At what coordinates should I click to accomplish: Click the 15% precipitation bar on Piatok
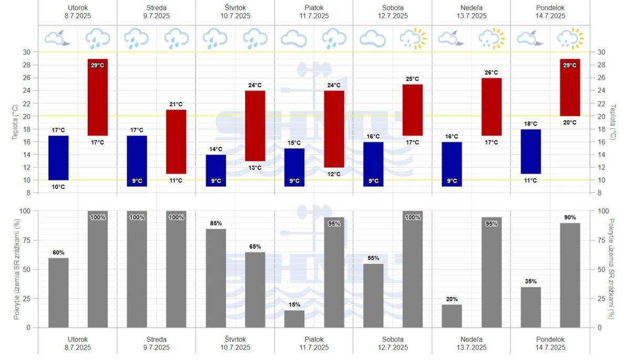click(x=294, y=318)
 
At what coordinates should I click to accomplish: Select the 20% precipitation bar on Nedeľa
click(x=452, y=316)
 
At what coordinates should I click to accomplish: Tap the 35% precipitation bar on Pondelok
click(x=531, y=307)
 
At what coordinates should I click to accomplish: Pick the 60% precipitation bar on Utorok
click(x=58, y=292)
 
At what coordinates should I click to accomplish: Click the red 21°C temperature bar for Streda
click(x=176, y=141)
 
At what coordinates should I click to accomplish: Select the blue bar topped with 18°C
click(x=531, y=151)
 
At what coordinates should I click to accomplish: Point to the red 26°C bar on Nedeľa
click(x=492, y=107)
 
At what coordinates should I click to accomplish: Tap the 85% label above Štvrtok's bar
click(x=216, y=223)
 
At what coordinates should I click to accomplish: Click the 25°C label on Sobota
click(x=413, y=79)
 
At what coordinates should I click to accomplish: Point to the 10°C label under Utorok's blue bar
click(x=58, y=187)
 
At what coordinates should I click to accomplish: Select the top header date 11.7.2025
click(x=314, y=16)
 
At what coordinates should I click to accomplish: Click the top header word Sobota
click(x=393, y=7)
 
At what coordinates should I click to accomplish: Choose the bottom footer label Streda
click(x=156, y=339)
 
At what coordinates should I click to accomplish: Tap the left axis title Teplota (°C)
click(x=16, y=122)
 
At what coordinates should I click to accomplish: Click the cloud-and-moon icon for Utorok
click(x=58, y=38)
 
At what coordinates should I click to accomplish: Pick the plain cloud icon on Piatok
click(x=294, y=38)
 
